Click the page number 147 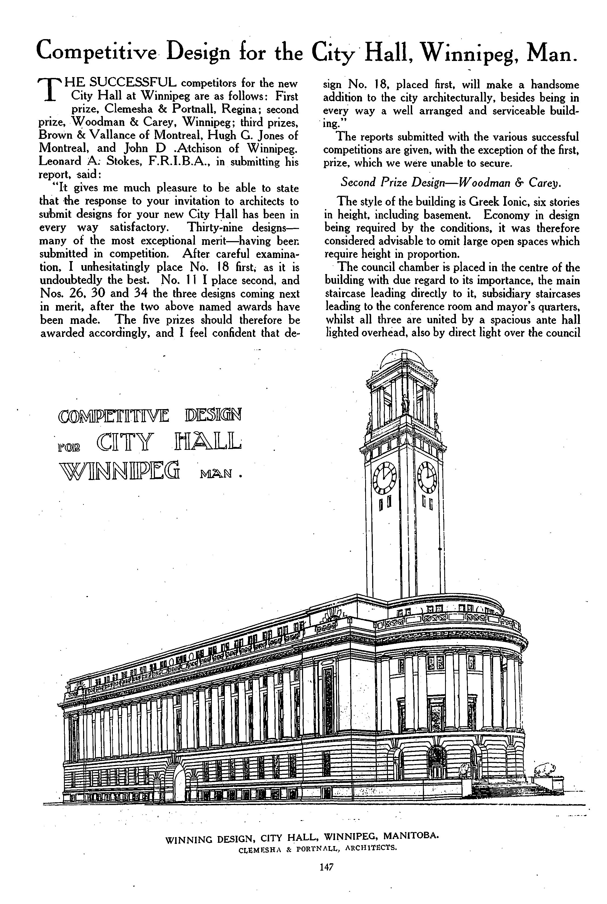[x=326, y=867]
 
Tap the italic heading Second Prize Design [x=392, y=183]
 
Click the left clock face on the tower [x=384, y=478]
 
